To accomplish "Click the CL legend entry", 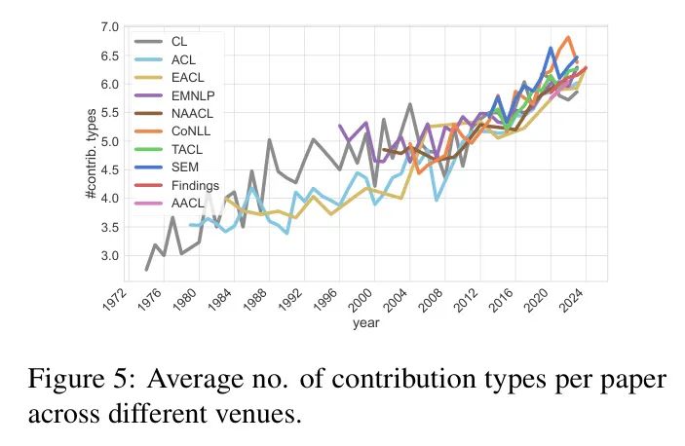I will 179,43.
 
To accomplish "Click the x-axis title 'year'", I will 366,323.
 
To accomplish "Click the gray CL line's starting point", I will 146,270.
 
